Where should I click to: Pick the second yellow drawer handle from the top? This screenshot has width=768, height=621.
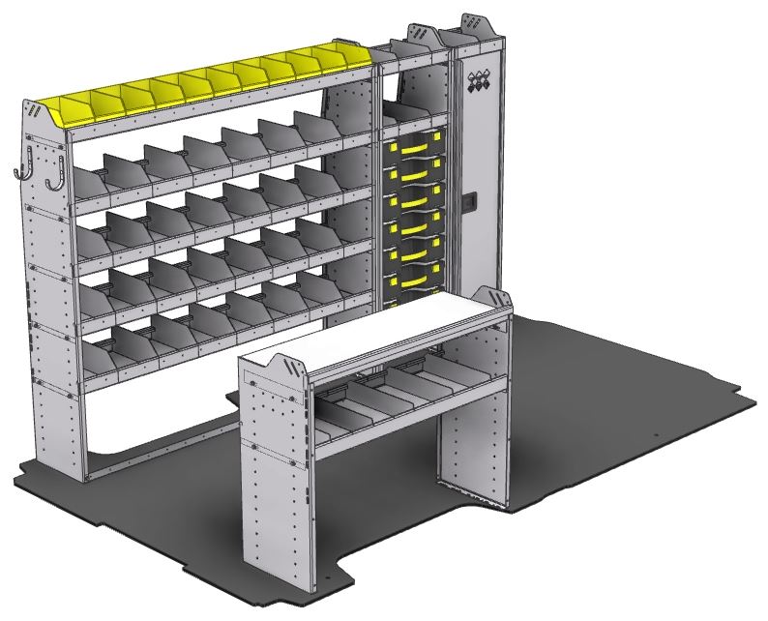[x=411, y=172]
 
